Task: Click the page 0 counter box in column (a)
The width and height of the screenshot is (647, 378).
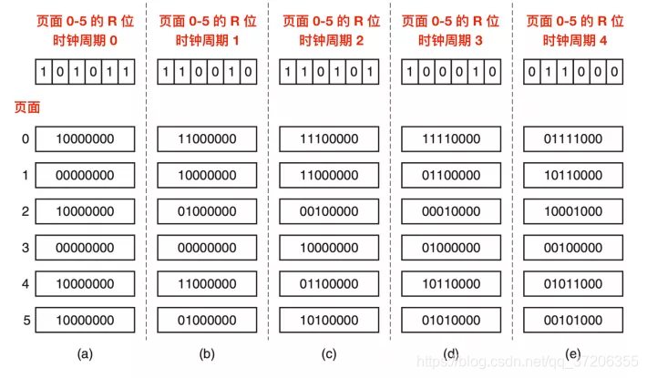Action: [85, 139]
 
